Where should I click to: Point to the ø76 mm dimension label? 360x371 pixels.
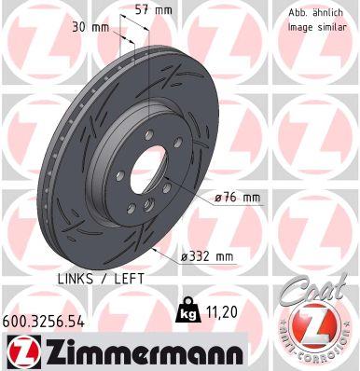(x=236, y=197)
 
